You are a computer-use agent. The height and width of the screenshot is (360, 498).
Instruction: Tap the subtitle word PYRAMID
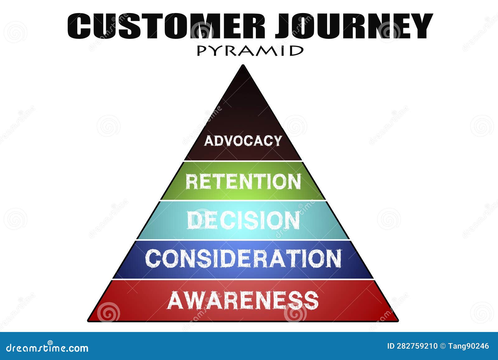(250, 51)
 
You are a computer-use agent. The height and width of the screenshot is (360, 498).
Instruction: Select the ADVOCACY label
(243, 141)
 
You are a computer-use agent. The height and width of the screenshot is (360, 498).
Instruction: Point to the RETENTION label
(243, 182)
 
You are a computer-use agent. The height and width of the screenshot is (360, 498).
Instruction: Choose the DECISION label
(243, 220)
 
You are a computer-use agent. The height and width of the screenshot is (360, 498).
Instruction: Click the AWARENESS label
(243, 300)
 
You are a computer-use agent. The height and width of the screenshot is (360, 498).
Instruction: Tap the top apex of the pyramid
(243, 65)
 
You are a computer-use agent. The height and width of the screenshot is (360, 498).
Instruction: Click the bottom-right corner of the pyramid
(398, 321)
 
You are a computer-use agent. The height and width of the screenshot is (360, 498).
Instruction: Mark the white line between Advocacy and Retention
(243, 161)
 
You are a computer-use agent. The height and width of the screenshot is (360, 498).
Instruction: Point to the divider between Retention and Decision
(243, 200)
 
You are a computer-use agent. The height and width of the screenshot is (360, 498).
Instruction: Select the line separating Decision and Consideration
(243, 240)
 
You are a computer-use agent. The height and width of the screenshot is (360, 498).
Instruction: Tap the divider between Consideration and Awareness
(243, 279)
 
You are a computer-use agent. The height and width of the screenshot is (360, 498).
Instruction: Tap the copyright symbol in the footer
(443, 346)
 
